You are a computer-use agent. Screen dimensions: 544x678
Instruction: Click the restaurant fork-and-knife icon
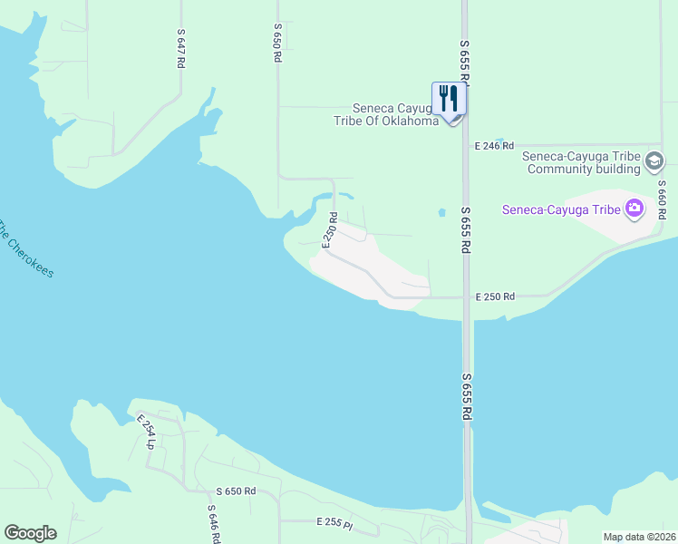[449, 98]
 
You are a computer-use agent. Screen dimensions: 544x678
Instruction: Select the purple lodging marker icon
[634, 210]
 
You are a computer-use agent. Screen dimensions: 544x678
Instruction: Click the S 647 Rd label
[181, 46]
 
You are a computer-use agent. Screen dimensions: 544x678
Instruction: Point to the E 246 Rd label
[494, 145]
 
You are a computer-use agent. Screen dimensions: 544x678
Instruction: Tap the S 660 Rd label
[662, 202]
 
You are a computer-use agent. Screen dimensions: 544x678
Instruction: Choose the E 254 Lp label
[146, 432]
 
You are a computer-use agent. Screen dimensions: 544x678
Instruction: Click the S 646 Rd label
[213, 523]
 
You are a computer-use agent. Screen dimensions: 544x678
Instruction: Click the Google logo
[30, 533]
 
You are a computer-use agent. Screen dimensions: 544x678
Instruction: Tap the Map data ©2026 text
[639, 537]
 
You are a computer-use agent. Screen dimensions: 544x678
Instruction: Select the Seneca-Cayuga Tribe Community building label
[582, 161]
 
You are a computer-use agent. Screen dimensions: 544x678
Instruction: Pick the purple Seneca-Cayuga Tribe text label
[561, 210]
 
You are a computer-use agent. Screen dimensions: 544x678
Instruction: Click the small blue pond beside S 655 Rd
[441, 213]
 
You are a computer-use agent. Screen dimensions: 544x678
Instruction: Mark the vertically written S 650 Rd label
[277, 44]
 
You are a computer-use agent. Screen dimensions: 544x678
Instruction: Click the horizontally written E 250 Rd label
[496, 296]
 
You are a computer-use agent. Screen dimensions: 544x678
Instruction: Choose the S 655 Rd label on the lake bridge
[467, 396]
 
